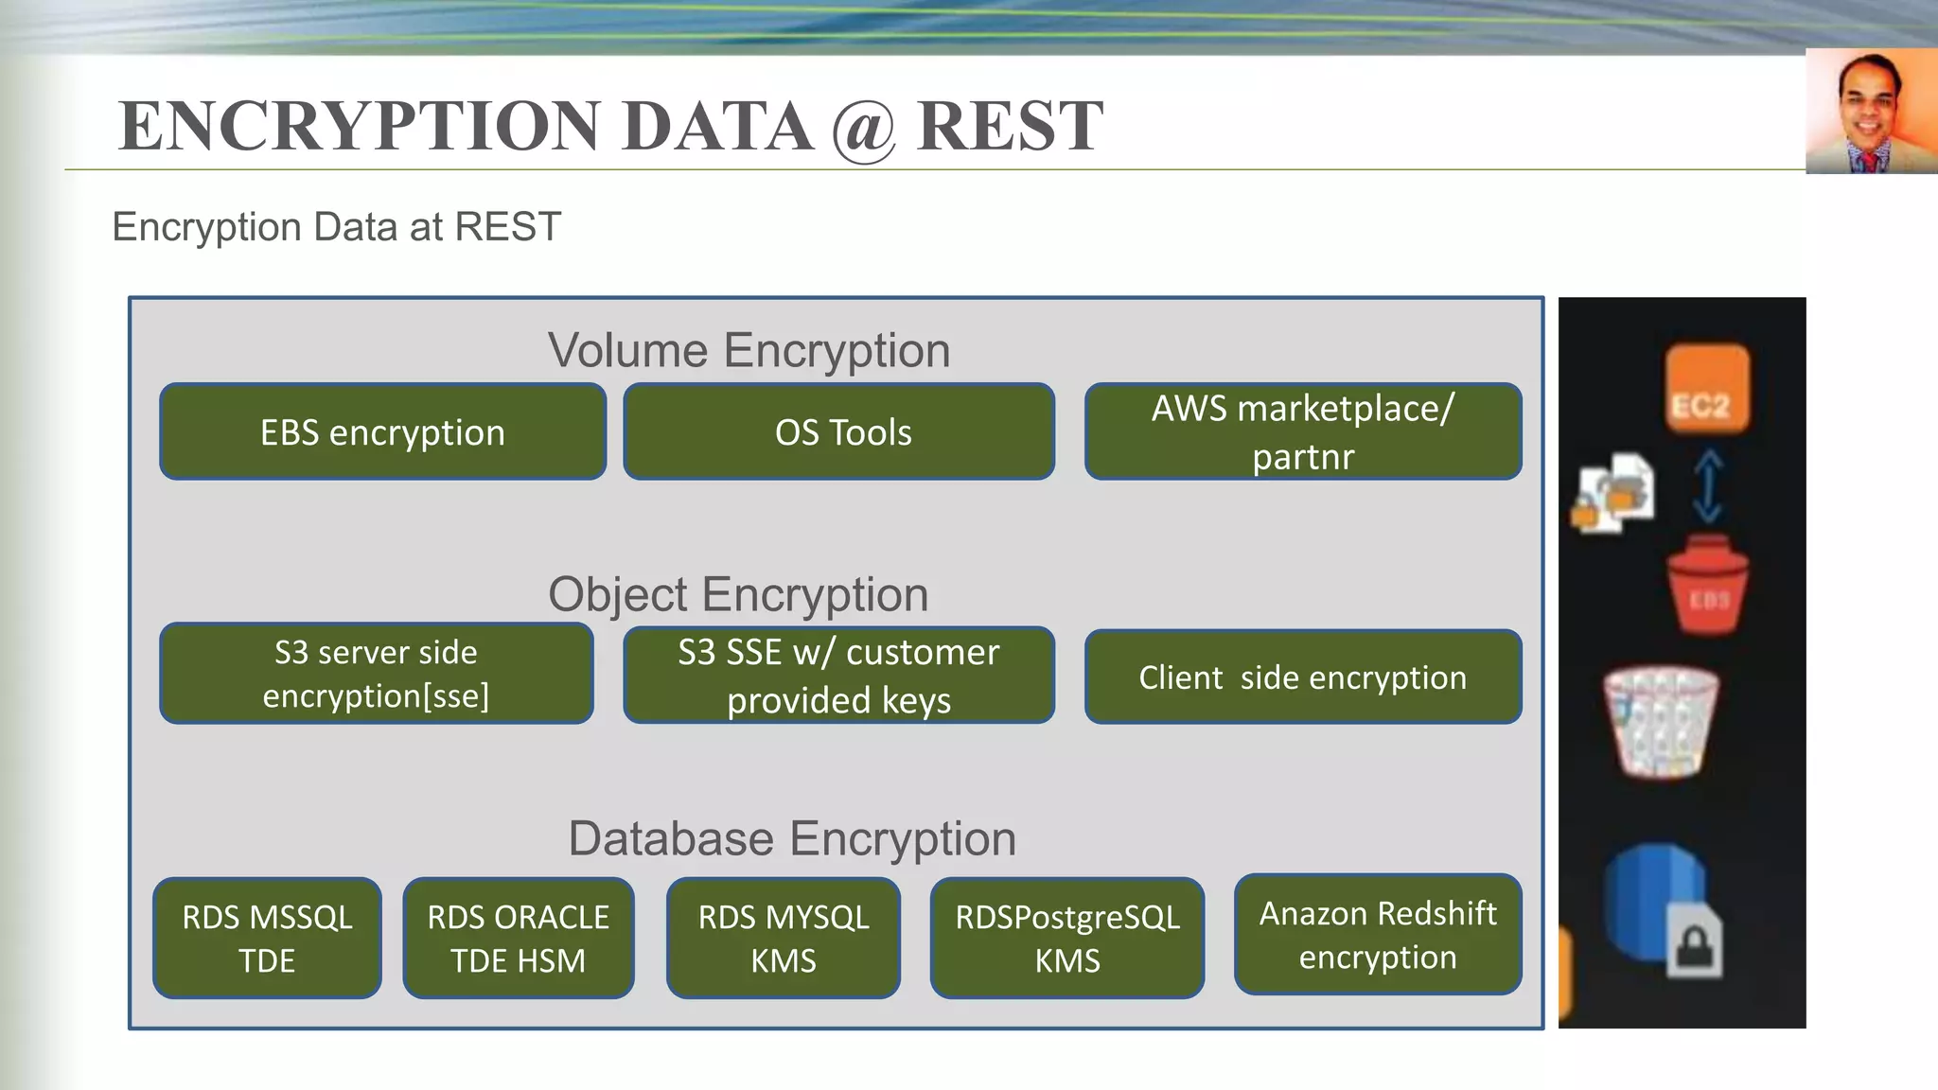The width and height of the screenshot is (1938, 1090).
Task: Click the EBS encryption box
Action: [x=382, y=431]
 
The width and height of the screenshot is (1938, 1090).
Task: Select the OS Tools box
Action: [x=838, y=431]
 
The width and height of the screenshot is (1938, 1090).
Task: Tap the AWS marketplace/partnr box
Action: [x=1303, y=431]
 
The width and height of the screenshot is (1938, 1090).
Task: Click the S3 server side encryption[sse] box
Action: [x=376, y=673]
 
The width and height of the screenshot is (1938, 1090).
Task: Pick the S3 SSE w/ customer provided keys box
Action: [x=838, y=675]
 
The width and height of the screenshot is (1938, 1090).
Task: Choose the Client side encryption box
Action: [x=1303, y=677]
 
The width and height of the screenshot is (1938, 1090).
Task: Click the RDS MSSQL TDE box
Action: [x=267, y=938]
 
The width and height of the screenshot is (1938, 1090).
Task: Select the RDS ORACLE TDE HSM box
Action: [x=518, y=938]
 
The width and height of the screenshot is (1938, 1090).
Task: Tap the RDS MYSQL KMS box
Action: [x=783, y=938]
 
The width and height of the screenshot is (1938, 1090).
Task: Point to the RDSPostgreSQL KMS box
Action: [x=1066, y=938]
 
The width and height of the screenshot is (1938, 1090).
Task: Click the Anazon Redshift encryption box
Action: [x=1378, y=934]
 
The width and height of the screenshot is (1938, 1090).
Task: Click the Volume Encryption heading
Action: [x=749, y=350]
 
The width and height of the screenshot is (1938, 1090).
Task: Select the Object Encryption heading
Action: [x=738, y=594]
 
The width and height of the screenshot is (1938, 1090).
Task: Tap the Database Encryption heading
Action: [x=792, y=838]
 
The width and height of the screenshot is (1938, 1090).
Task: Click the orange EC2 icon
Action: [x=1706, y=389]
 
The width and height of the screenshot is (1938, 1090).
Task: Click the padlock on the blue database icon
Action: [x=1694, y=942]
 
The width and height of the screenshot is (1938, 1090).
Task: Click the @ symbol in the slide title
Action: [x=864, y=127]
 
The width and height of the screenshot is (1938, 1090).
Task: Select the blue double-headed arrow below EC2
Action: [x=1707, y=485]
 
